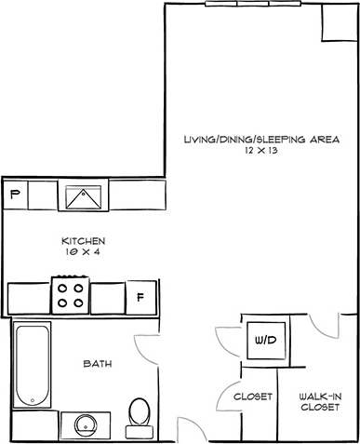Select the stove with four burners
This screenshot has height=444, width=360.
pyautogui.click(x=71, y=295)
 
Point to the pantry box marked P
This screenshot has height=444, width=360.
pyautogui.click(x=15, y=195)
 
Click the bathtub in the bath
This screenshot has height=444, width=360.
pyautogui.click(x=33, y=365)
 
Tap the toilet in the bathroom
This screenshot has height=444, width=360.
pyautogui.click(x=139, y=413)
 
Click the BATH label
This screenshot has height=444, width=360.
pyautogui.click(x=98, y=364)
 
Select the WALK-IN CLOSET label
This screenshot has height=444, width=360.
pyautogui.click(x=319, y=401)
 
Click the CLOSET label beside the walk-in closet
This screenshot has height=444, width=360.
pyautogui.click(x=252, y=397)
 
